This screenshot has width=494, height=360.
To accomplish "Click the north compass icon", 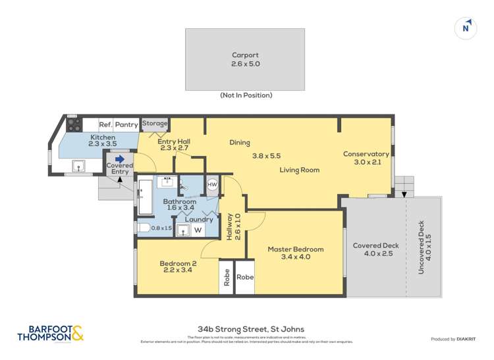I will click(x=466, y=28).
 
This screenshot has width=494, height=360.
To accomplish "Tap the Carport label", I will click(x=245, y=55).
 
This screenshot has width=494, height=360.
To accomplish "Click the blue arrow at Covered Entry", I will click(x=120, y=159).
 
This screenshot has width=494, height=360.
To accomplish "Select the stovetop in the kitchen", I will click(x=74, y=124).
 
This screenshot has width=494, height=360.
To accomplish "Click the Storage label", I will click(x=155, y=123).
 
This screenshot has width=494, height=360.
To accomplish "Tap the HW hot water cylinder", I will click(x=212, y=186).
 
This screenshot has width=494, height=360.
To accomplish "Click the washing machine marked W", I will click(x=197, y=230).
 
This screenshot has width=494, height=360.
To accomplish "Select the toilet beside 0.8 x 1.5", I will click(x=143, y=228).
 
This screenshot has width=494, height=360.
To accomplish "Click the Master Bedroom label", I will click(x=295, y=249).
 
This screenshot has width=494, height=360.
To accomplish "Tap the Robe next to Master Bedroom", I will click(x=245, y=278).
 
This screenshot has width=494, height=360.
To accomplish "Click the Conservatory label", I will click(x=366, y=154).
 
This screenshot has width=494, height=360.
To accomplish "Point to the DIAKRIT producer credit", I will click(x=453, y=339).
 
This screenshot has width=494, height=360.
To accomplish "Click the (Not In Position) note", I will click(x=246, y=95).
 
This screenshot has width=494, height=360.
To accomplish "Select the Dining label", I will click(x=240, y=142).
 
